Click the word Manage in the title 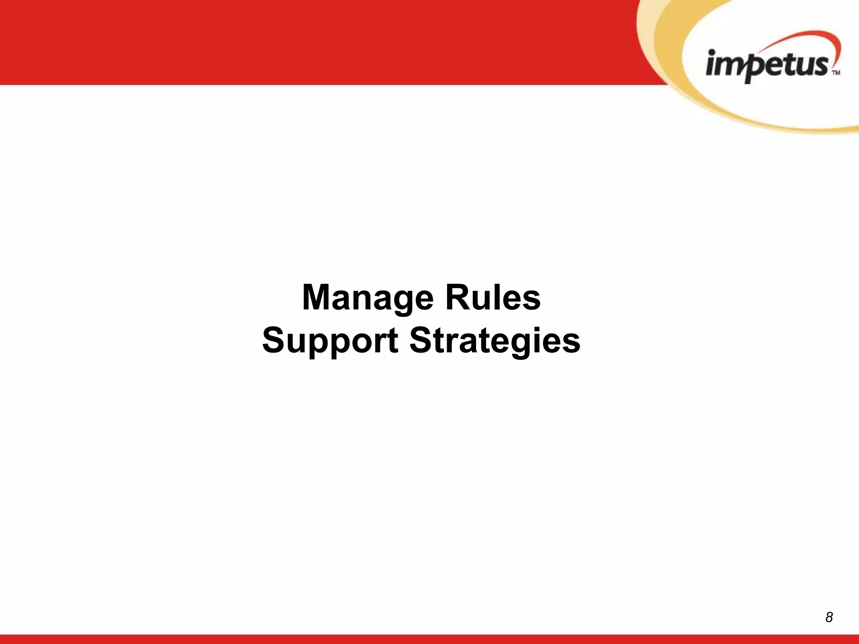tap(367, 298)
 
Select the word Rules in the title tap(493, 298)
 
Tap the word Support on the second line tap(330, 340)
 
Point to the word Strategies tap(495, 340)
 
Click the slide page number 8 tap(829, 617)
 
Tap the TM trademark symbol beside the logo tap(836, 73)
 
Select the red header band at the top tap(294, 42)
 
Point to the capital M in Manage tap(318, 297)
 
